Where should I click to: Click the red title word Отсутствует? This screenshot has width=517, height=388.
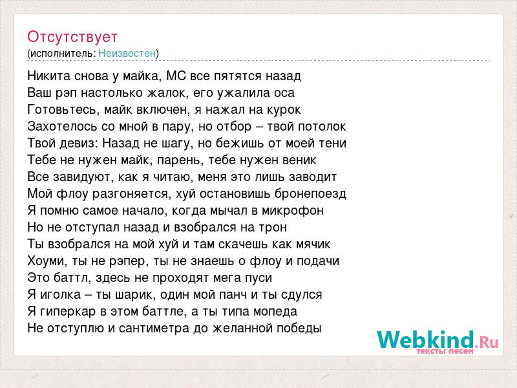pos(72,37)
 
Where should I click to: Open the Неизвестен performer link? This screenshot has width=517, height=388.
pos(127,53)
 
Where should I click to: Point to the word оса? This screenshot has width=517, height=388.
pos(284,93)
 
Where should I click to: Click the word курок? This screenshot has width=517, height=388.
pos(284,110)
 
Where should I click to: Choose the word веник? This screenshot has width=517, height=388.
pos(299,160)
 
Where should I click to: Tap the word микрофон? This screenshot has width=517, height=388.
pos(293,211)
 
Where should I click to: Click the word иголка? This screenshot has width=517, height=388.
pos(60,295)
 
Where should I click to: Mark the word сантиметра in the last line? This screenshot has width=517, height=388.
pos(154,329)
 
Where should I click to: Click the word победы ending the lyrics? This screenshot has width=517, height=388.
pos(299,329)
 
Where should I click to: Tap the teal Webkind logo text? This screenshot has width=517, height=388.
pos(425,340)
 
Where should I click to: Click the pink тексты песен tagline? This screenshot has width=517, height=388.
pos(445,351)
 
